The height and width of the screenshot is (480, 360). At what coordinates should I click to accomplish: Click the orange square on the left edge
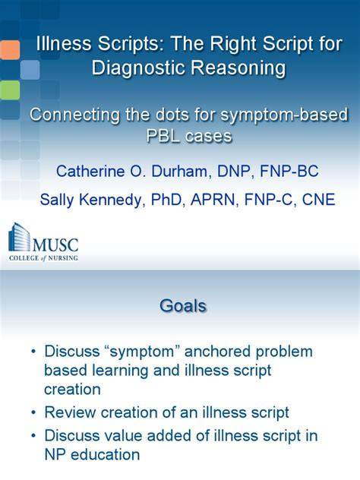coord(10,50)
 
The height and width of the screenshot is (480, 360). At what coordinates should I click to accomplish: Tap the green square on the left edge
coord(10,90)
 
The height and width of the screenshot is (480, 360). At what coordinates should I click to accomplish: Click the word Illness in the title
coord(64,43)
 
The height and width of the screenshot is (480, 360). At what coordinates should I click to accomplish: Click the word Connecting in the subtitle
coord(74,115)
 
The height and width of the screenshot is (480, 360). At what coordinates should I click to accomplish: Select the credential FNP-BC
coord(289,171)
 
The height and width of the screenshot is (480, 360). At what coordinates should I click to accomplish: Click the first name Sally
coord(57,201)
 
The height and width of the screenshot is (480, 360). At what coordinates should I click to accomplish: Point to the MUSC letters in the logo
coord(55,245)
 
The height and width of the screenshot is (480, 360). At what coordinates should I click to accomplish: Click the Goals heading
coord(183,305)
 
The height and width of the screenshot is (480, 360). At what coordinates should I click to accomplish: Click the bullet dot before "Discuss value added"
coord(33,436)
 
